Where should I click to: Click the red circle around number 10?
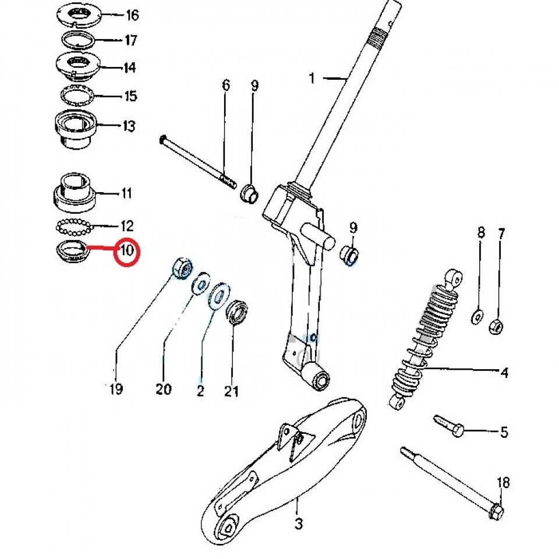click(127, 252)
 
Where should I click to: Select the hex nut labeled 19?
click(182, 267)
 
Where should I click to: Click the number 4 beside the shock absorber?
click(504, 373)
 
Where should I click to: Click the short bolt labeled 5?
click(447, 425)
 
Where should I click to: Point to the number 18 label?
click(503, 483)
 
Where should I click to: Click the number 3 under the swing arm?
click(298, 524)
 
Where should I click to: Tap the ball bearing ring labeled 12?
click(73, 225)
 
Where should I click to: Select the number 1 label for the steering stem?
click(312, 78)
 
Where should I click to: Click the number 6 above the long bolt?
click(226, 86)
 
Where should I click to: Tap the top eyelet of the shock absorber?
click(454, 277)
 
